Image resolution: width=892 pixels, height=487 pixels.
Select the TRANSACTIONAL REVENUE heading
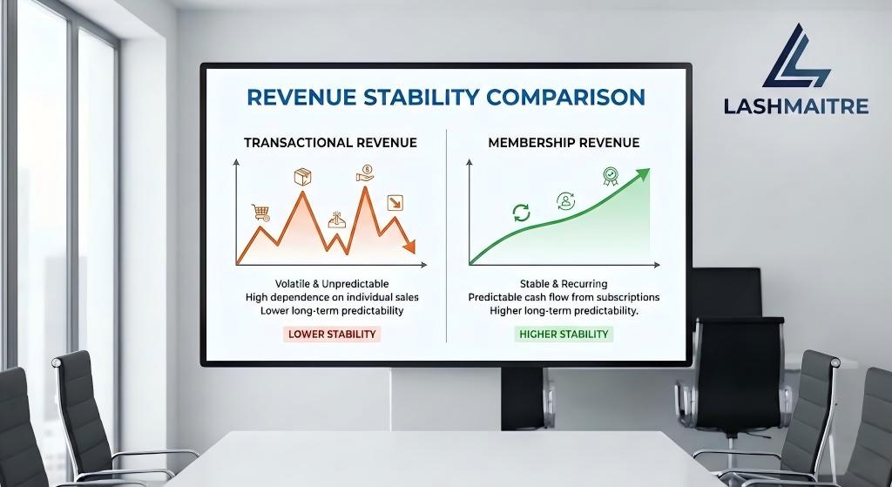(330, 142)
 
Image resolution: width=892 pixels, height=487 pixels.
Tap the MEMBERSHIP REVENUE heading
(564, 142)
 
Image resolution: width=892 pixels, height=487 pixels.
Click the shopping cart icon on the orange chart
(260, 212)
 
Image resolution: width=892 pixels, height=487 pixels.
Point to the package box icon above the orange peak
(302, 177)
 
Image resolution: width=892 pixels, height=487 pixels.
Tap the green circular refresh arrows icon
(521, 213)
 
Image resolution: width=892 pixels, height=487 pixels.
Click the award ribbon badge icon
(611, 177)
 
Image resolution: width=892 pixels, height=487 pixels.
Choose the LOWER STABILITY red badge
(332, 334)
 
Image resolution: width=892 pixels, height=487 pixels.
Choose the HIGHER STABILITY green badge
(564, 334)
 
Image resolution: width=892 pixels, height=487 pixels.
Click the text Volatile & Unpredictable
(332, 284)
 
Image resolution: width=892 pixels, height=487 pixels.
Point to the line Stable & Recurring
(564, 284)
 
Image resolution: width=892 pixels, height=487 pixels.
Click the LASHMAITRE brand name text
(796, 106)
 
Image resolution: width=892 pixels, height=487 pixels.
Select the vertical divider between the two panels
(446, 235)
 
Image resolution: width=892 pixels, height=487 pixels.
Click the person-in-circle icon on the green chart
(564, 201)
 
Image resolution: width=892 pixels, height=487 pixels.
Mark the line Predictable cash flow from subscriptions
(564, 297)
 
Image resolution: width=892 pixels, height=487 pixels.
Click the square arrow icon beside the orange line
(395, 203)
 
